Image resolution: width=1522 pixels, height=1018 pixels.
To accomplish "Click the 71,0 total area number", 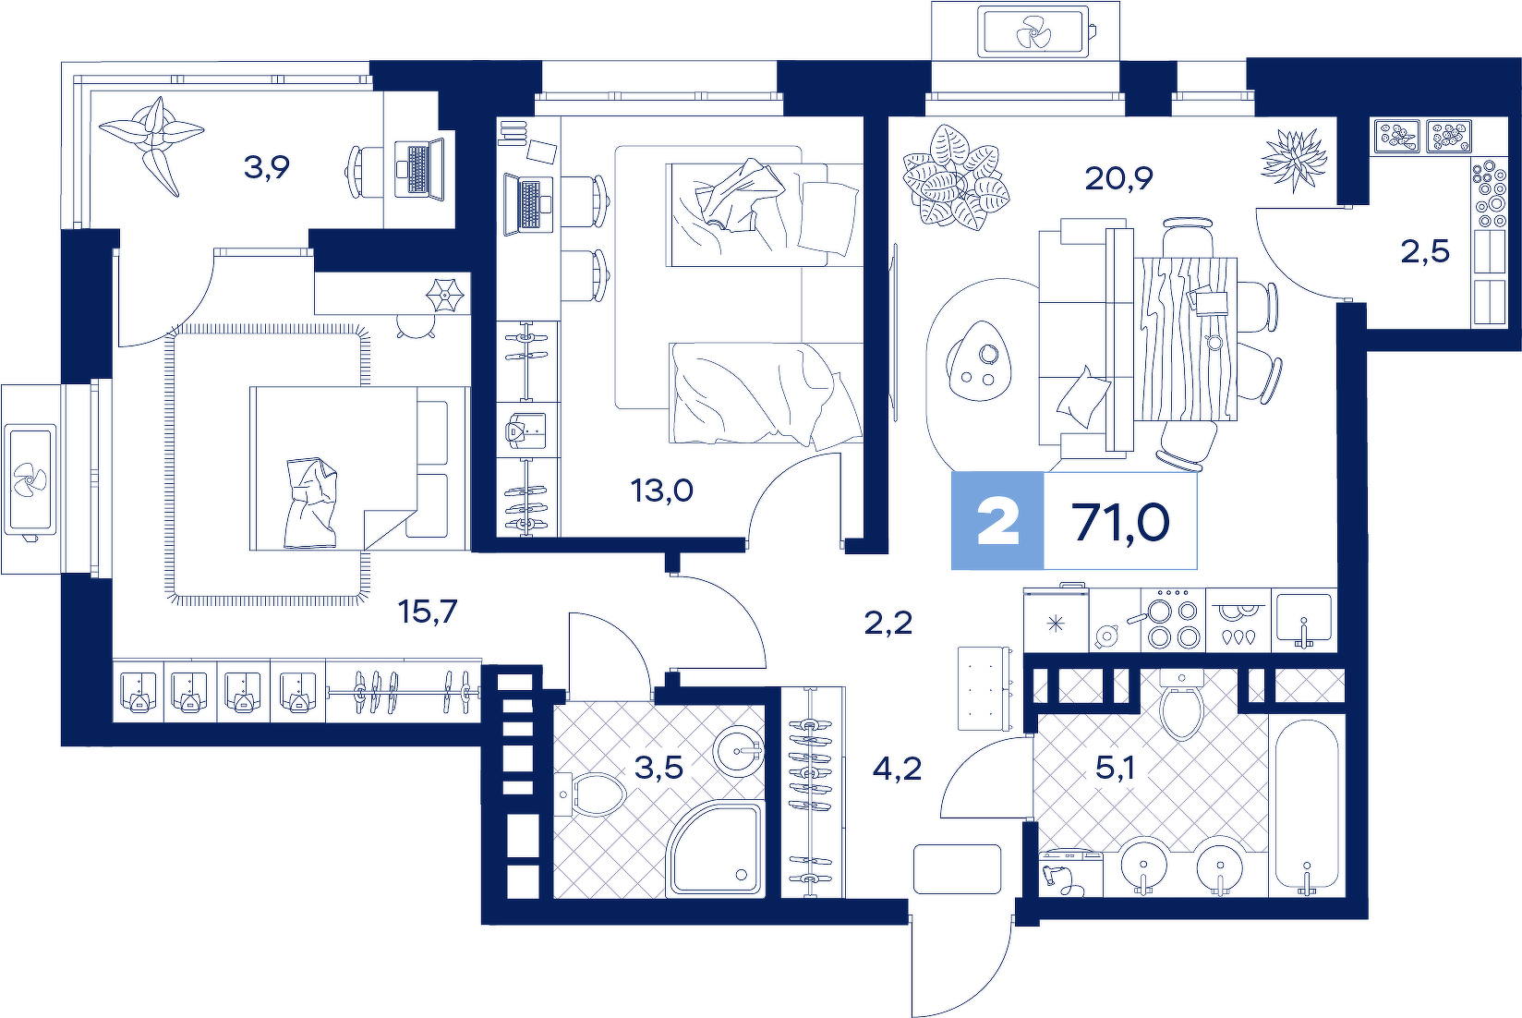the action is pyautogui.click(x=1120, y=522).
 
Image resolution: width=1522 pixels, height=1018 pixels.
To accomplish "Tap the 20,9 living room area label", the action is pyautogui.click(x=1118, y=178).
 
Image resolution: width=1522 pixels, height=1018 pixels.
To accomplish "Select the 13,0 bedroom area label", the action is pyautogui.click(x=662, y=490).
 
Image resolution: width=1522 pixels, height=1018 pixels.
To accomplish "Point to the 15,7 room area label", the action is pyautogui.click(x=428, y=612).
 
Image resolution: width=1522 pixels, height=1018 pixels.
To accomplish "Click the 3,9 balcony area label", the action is pyautogui.click(x=266, y=167).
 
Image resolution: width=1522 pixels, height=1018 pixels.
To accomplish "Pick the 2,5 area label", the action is pyautogui.click(x=1425, y=251).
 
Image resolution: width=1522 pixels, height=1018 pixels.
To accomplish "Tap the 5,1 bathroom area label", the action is pyautogui.click(x=1115, y=768).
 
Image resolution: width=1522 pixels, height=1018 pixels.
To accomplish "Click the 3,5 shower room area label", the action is pyautogui.click(x=658, y=768).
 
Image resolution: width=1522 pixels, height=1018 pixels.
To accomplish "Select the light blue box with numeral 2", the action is pyautogui.click(x=997, y=521).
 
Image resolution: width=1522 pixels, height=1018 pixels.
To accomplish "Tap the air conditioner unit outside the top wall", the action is pyautogui.click(x=1033, y=31).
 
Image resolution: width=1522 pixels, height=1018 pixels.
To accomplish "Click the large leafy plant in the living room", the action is pyautogui.click(x=955, y=176).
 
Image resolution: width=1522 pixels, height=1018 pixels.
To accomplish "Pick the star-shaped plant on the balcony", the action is pyautogui.click(x=152, y=142).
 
